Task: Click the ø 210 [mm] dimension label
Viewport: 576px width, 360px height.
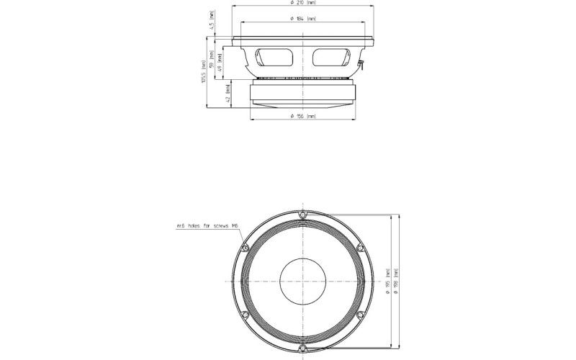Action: click(302, 4)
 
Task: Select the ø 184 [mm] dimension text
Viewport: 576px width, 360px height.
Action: click(302, 18)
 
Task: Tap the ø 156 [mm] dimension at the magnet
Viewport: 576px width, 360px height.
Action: click(302, 116)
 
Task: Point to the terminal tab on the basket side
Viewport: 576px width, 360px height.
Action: click(360, 68)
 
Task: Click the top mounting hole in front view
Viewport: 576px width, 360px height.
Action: click(303, 215)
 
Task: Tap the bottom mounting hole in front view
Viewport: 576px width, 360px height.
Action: click(303, 348)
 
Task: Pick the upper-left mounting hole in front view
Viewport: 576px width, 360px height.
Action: click(245, 248)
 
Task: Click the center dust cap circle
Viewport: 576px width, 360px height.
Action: click(303, 282)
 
